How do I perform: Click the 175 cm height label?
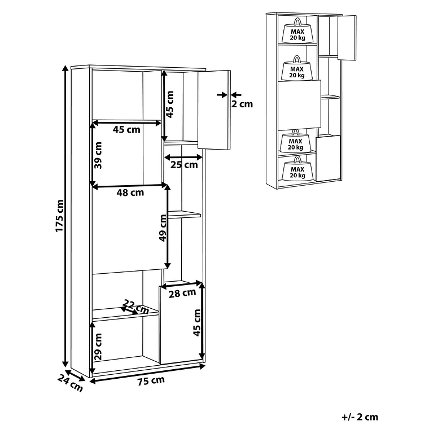(x=60, y=216)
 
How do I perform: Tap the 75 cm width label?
(x=151, y=380)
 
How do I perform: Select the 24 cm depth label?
(x=70, y=383)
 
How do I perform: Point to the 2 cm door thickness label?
(x=242, y=104)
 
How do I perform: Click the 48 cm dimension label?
(x=130, y=192)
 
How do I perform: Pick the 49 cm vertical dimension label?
(x=163, y=228)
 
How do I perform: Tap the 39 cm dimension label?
(x=98, y=155)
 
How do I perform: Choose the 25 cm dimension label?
(x=184, y=165)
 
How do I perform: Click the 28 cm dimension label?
(x=182, y=294)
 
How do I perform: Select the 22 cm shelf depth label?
(x=135, y=307)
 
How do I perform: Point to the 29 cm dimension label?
(x=98, y=347)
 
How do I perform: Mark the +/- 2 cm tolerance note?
(x=360, y=417)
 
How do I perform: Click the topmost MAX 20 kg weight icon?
(x=297, y=31)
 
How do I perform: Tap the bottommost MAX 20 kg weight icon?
(x=297, y=169)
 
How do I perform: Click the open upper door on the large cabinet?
(x=214, y=110)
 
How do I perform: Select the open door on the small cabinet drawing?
(x=347, y=38)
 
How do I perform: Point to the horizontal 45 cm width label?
(x=126, y=129)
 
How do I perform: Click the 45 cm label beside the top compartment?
(x=170, y=104)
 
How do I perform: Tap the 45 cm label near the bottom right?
(x=196, y=322)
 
